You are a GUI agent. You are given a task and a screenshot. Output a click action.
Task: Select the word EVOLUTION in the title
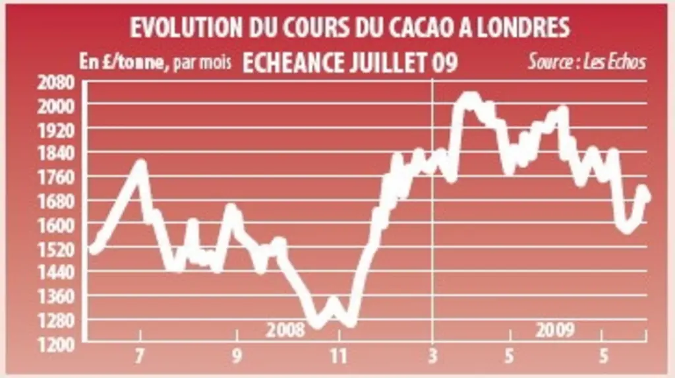pyautogui.click(x=187, y=28)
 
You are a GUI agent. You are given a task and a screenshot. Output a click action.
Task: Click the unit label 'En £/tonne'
pyautogui.click(x=122, y=63)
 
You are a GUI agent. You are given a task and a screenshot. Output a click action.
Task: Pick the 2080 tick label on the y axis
pyautogui.click(x=56, y=82)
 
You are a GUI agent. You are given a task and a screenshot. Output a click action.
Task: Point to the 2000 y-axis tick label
pyautogui.click(x=56, y=106)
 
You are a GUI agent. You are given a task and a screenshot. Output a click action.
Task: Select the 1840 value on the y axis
pyautogui.click(x=56, y=154)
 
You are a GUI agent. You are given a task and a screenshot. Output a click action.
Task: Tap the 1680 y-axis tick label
pyautogui.click(x=56, y=202)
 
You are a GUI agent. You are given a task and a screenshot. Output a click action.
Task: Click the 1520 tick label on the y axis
pyautogui.click(x=56, y=249)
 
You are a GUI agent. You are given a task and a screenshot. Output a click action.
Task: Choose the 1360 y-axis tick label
pyautogui.click(x=56, y=297)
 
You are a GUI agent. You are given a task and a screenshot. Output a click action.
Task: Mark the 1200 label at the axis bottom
pyautogui.click(x=56, y=345)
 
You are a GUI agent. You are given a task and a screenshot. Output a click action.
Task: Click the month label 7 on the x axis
pyautogui.click(x=139, y=356)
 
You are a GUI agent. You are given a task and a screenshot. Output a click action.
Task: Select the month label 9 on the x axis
pyautogui.click(x=237, y=356)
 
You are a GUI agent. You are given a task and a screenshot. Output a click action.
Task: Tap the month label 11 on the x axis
pyautogui.click(x=339, y=356)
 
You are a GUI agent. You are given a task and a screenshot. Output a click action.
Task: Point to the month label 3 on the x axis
pyautogui.click(x=432, y=356)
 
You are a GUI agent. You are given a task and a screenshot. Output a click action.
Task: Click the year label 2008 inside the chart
pyautogui.click(x=285, y=330)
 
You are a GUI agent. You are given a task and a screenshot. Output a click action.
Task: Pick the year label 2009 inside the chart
pyautogui.click(x=555, y=330)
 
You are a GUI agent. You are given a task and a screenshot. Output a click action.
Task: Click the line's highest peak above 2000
pyautogui.click(x=469, y=96)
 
